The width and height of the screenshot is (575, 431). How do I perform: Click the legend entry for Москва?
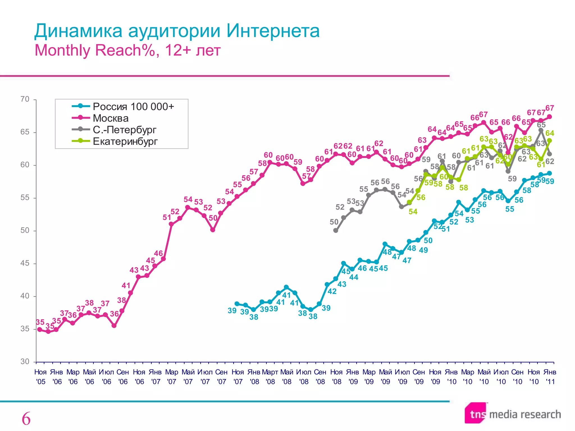coord(111,118)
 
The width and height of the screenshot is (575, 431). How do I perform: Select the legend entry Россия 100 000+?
coord(133,106)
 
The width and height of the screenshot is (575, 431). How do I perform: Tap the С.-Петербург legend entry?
coord(124,130)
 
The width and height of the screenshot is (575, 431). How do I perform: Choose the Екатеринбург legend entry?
coord(125,141)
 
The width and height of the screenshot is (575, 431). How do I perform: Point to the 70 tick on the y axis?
coord(25,99)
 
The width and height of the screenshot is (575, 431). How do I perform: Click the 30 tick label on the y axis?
coord(25,361)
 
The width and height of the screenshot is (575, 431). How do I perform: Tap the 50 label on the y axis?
coord(25,230)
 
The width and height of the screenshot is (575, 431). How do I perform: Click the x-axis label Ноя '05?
coord(40,377)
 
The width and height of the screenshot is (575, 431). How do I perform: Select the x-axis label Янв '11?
coord(549,377)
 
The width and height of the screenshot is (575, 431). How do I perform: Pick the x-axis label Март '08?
coord(270,377)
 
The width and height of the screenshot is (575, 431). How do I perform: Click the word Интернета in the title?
coord(273,31)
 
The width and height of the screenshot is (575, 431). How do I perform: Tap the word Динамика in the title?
coord(78,31)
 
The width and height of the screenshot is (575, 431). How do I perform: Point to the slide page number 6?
coord(26,419)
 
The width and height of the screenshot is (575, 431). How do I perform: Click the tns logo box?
coord(476,413)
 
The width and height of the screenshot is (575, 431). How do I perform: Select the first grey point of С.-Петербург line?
coord(336,230)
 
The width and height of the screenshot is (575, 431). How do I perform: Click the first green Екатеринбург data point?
coord(409,202)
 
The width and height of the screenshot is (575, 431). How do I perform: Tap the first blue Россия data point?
coord(237,304)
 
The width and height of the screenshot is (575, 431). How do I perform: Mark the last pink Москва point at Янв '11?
coord(549,117)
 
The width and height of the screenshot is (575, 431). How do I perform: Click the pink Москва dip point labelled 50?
coord(213,230)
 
